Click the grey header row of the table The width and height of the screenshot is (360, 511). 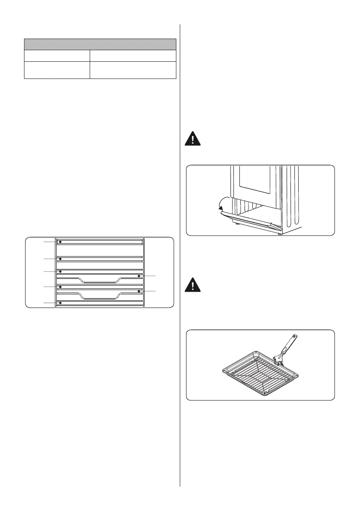[100, 44]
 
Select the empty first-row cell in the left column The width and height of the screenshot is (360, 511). [57, 56]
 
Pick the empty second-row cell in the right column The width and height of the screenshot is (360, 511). [133, 70]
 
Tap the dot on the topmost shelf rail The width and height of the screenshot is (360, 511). [61, 242]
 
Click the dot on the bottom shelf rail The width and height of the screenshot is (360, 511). [61, 303]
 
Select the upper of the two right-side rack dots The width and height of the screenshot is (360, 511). [139, 276]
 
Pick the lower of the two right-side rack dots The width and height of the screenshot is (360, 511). [139, 291]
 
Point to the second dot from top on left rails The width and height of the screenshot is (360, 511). [61, 259]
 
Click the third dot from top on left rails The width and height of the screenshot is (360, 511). [61, 272]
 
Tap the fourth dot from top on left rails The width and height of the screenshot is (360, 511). [61, 287]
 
